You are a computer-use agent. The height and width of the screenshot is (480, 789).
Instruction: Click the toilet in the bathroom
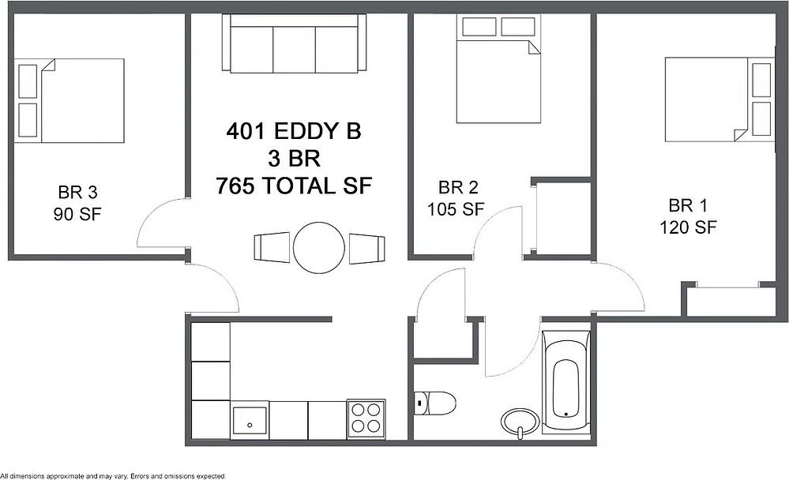pos(437,403)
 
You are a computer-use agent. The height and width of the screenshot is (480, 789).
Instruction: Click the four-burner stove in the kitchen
pos(366,418)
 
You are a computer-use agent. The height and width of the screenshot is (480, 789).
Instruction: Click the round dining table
pos(320,248)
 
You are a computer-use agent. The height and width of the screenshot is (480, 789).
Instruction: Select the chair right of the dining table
pos(367,247)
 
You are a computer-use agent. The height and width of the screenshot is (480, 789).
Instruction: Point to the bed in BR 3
pos(72,100)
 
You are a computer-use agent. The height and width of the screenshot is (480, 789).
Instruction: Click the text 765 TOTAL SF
pos(294,186)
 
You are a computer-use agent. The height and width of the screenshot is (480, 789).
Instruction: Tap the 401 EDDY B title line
pos(294,131)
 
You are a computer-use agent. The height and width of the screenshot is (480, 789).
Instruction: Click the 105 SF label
pos(455,209)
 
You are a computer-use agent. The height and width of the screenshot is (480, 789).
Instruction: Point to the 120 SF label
pos(688,227)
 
